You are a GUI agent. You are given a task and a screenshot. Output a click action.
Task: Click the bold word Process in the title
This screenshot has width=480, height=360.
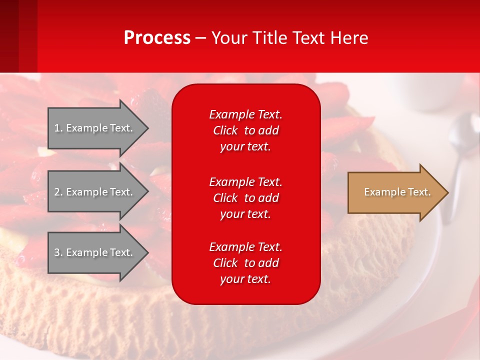[x=157, y=38]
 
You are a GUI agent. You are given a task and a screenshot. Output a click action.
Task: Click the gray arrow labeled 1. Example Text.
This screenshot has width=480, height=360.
[x=95, y=128]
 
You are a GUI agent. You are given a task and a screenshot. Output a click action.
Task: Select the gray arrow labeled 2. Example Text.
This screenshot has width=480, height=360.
[x=95, y=192]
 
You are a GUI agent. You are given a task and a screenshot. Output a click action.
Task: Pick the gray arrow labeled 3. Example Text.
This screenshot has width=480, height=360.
[x=95, y=252]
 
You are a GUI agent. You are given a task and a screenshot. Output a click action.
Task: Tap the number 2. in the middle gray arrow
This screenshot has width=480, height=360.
[x=58, y=192]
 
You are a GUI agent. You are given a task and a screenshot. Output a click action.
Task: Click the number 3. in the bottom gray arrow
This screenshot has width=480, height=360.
[x=58, y=252]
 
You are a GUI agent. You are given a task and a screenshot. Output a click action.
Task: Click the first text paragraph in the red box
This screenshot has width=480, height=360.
[x=245, y=130]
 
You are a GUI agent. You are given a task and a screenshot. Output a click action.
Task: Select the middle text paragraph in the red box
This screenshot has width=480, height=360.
[x=245, y=198]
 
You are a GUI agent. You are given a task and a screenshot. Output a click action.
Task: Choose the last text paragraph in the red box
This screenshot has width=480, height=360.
[x=245, y=263]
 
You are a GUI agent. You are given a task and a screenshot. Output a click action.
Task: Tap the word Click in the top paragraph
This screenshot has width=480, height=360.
[x=225, y=130]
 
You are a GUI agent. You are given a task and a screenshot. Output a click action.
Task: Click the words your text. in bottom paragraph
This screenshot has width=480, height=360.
[x=245, y=279]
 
